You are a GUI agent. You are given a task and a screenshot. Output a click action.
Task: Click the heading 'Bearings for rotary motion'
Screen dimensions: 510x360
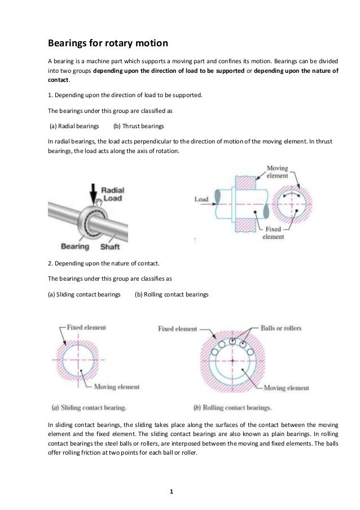107,43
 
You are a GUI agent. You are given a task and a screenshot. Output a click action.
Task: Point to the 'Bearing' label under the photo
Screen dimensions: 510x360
74,246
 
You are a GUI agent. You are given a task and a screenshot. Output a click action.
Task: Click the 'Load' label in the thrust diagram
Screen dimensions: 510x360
201,199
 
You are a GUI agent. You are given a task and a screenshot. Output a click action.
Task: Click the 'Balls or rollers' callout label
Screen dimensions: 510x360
281,328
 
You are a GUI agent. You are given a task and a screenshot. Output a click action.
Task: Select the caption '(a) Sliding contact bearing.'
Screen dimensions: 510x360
89,407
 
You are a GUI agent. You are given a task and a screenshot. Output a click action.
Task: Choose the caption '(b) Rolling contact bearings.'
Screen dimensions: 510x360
232,407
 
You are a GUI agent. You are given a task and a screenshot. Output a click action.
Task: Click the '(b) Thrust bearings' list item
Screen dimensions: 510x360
138,125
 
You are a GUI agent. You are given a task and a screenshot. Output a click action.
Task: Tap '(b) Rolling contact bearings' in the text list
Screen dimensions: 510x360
172,294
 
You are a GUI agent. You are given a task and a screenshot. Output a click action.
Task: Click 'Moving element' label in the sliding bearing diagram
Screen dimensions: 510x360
116,387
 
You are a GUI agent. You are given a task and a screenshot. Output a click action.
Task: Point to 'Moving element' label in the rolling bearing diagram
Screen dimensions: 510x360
287,388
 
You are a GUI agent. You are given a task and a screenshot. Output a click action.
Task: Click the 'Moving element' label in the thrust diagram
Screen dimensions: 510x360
277,172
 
